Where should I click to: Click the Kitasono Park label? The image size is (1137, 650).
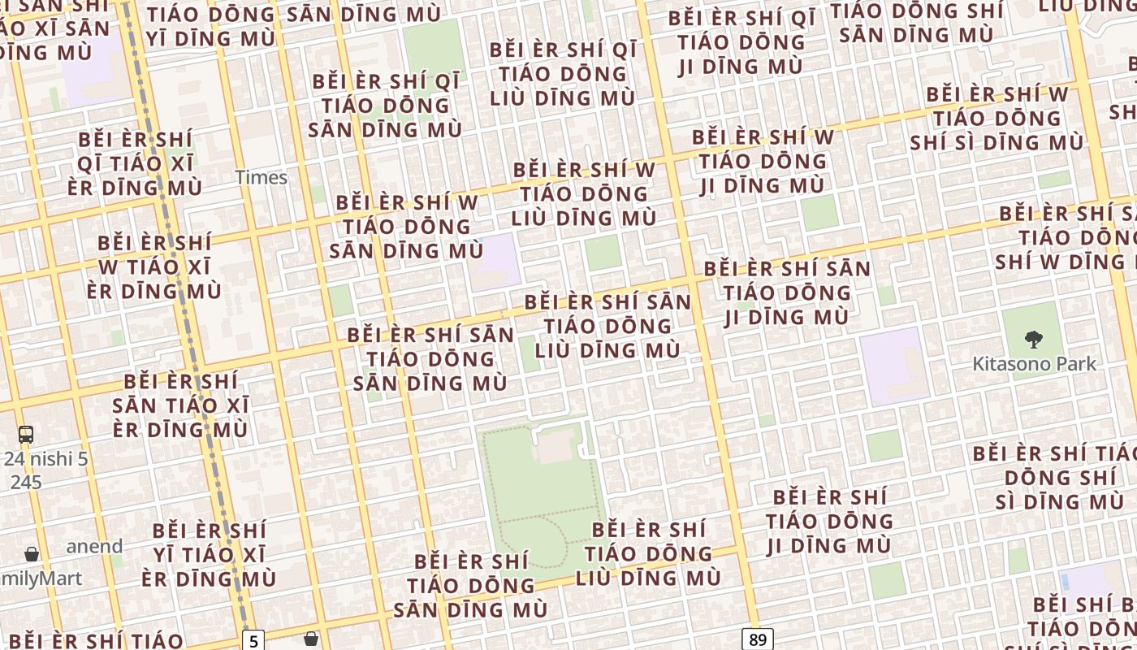tap(1034, 364)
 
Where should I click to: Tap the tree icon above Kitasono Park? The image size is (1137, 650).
tap(1033, 339)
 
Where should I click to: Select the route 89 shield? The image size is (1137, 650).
tap(757, 639)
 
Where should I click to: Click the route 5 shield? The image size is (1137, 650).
tap(253, 641)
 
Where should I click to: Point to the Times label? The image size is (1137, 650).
tap(261, 177)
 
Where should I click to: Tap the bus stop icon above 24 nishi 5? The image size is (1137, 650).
tap(26, 435)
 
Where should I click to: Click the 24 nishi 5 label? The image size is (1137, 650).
tap(45, 459)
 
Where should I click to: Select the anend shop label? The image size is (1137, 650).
tap(94, 546)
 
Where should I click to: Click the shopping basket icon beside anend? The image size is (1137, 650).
tap(32, 554)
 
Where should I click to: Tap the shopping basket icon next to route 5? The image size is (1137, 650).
tap(310, 639)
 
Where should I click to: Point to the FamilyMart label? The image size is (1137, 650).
tap(41, 578)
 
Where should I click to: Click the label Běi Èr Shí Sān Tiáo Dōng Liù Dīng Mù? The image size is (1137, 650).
tap(607, 326)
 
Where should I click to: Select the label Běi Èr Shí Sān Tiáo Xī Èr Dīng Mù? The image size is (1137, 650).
tap(180, 405)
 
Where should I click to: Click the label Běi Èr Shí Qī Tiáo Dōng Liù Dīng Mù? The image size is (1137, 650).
tap(563, 74)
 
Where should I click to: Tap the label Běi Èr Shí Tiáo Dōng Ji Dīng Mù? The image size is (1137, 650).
tap(829, 521)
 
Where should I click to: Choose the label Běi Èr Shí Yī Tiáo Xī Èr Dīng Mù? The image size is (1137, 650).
tap(209, 555)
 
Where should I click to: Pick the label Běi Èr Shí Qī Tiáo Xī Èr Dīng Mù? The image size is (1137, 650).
tap(135, 163)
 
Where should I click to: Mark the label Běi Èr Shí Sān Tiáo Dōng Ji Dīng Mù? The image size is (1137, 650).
tap(786, 292)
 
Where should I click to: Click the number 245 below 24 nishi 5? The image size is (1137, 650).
tap(26, 482)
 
